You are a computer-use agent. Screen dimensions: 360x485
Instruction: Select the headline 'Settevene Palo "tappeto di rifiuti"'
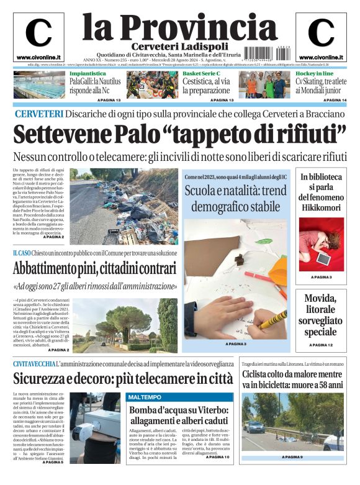[179, 134]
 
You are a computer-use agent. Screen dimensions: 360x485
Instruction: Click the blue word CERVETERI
[38, 114]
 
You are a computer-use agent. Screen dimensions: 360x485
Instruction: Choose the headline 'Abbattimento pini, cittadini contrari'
[94, 269]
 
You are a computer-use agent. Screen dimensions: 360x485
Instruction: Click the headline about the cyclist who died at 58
[292, 379]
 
